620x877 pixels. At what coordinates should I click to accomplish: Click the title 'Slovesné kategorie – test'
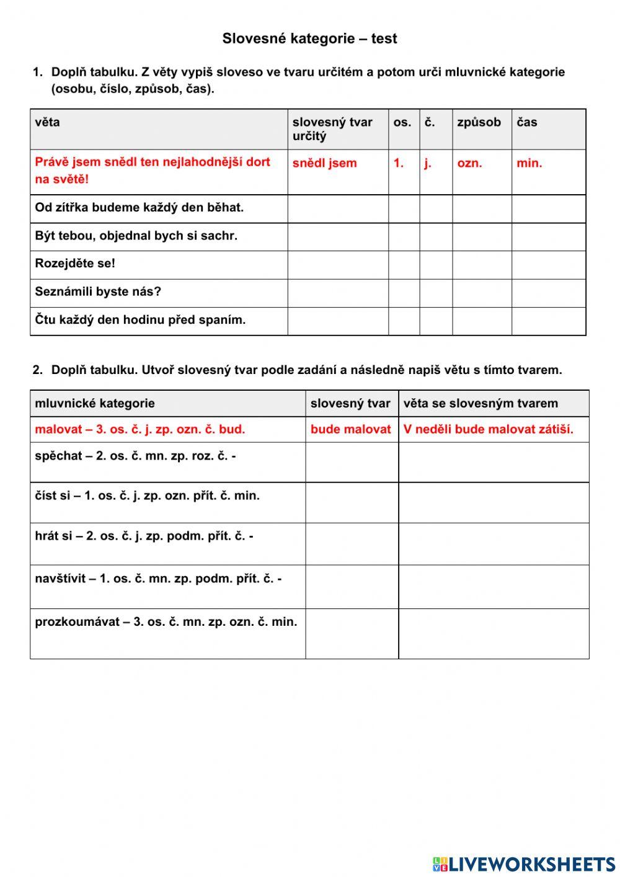coord(309,38)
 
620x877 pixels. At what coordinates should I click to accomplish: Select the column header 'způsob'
coord(479,122)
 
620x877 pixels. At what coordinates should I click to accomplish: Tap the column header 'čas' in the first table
coord(527,122)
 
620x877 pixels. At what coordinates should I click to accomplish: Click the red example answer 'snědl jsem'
coord(325,163)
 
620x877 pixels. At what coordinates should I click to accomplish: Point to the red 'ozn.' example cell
coord(469,163)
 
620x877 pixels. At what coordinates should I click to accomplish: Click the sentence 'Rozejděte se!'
coord(75,264)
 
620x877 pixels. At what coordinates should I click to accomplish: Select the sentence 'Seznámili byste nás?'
coord(98,292)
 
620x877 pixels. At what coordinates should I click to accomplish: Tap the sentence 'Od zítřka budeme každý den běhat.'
coord(139,208)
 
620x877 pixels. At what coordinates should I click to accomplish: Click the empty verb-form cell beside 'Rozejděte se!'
coord(338,265)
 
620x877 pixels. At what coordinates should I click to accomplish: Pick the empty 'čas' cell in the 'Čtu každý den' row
coord(548,321)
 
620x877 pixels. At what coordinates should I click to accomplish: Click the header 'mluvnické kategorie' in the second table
coord(95,403)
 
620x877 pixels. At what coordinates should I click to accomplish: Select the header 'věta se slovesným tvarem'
coord(480,403)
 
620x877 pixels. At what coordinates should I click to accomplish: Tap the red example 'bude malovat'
coord(351,429)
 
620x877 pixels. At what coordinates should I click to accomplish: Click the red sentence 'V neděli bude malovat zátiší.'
coord(489,429)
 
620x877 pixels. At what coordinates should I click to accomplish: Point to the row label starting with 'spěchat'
coord(135,456)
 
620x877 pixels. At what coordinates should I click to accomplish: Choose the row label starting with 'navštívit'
coord(158,579)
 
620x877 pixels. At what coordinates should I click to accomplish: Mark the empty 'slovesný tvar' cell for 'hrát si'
coord(352,544)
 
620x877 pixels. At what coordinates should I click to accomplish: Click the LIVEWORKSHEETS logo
coord(524,864)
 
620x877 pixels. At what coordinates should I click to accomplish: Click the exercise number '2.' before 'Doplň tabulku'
coord(38,370)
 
